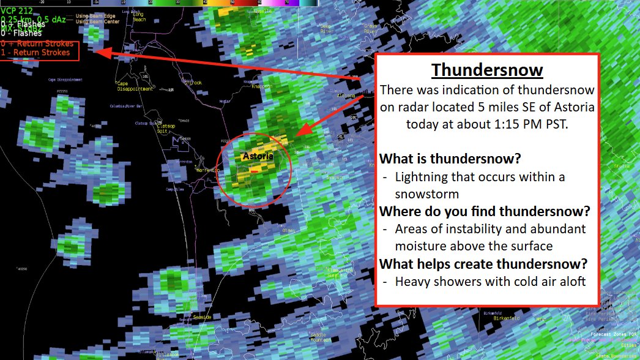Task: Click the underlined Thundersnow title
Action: coord(486,69)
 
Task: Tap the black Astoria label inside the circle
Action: coord(258,156)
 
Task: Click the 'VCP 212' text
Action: coord(17,10)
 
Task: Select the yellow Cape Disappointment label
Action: coord(135,86)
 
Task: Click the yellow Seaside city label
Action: coord(202,317)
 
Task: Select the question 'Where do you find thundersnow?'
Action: coord(485,211)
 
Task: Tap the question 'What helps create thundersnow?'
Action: coord(483,264)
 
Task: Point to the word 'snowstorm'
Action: coord(427,194)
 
